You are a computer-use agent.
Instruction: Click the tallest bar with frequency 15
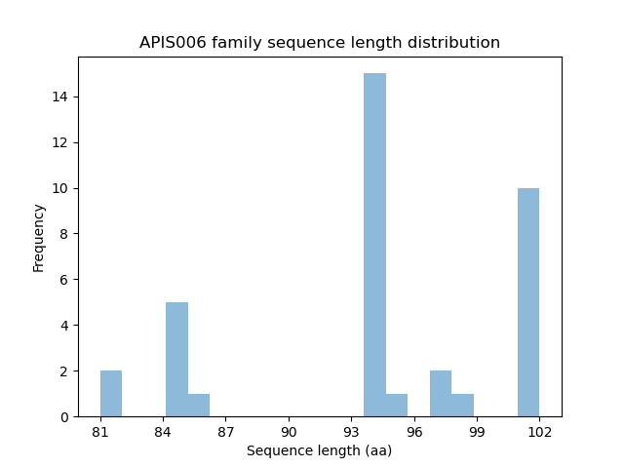click(x=374, y=245)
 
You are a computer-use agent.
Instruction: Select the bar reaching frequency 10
click(x=528, y=302)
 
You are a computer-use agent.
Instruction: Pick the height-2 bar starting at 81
click(x=111, y=394)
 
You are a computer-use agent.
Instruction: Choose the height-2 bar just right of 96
click(x=441, y=394)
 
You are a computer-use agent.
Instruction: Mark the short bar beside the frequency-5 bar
click(x=199, y=406)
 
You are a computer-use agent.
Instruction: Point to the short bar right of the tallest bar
click(x=397, y=406)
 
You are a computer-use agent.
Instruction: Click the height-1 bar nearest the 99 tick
click(x=462, y=406)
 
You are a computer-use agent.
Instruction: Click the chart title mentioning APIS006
click(x=320, y=43)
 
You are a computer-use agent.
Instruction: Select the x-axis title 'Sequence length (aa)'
click(x=320, y=450)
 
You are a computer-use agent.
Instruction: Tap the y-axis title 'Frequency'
click(x=39, y=237)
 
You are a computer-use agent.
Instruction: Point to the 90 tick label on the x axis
click(x=289, y=431)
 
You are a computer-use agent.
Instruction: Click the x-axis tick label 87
click(x=225, y=431)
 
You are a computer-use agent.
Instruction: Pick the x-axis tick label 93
click(x=351, y=431)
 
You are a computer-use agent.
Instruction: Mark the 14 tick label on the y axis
click(x=60, y=97)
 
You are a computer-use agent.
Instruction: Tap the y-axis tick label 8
click(x=64, y=234)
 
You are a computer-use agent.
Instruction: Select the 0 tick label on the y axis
click(x=64, y=417)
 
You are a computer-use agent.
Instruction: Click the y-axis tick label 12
click(x=60, y=142)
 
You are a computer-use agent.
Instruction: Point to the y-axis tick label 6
click(x=64, y=280)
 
